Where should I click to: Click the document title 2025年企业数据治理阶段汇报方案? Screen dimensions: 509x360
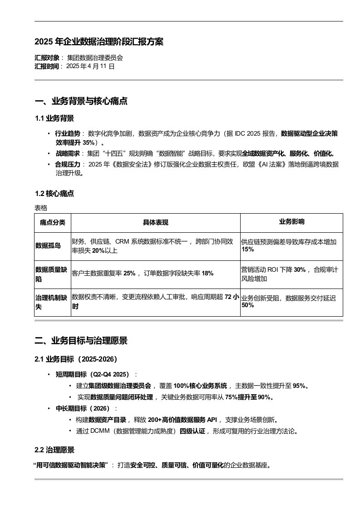[x=99, y=42]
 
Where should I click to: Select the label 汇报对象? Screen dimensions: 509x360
[x=47, y=58]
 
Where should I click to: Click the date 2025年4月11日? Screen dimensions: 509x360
[x=90, y=66]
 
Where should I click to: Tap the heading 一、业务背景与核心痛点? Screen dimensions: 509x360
[x=81, y=101]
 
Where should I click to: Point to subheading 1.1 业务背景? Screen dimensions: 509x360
[x=54, y=118]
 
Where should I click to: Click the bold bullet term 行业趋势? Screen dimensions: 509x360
[x=67, y=133]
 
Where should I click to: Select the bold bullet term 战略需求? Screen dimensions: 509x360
[x=67, y=153]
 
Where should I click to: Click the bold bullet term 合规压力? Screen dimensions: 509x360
[x=67, y=164]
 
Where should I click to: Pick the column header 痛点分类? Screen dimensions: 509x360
[x=53, y=222]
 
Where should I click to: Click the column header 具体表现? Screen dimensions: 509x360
[x=155, y=222]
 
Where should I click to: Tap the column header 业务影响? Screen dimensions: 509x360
[x=291, y=222]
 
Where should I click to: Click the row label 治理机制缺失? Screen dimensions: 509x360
[x=51, y=302]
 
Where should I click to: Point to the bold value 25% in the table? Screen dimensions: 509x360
[x=129, y=273]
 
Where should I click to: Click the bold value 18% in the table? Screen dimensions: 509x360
[x=207, y=273]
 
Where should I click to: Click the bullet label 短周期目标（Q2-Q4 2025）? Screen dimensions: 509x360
[x=93, y=374]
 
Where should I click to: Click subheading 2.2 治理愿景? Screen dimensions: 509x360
[x=54, y=450]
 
